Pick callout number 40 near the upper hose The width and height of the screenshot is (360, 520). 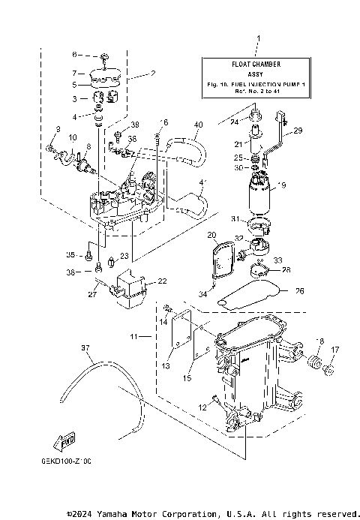click(198, 125)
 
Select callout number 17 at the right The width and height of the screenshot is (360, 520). click(334, 350)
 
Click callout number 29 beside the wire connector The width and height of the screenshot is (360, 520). click(298, 131)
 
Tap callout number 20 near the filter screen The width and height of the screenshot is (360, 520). click(211, 236)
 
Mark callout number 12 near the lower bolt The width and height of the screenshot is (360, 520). click(202, 407)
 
